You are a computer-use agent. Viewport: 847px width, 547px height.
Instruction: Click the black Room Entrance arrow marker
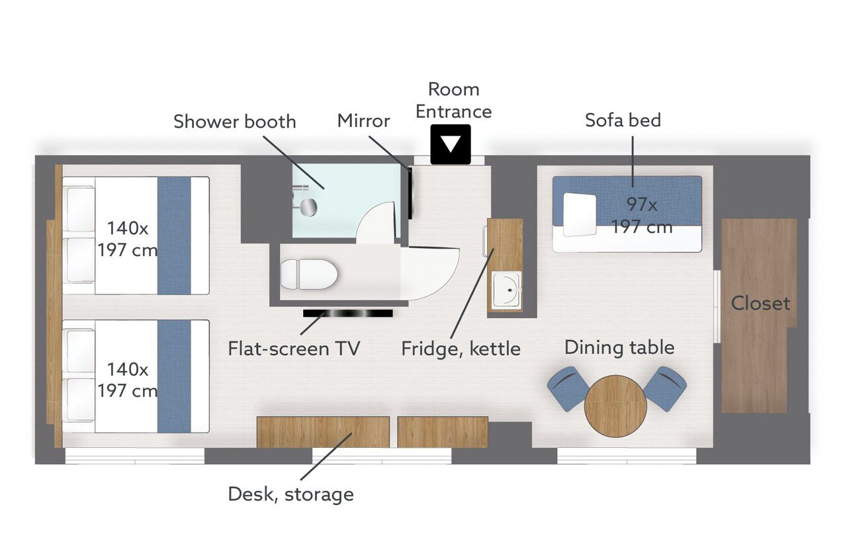pos(451,144)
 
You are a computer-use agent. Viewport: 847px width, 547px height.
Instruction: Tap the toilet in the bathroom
pos(309,274)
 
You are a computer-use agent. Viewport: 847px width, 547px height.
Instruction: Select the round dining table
pos(615,406)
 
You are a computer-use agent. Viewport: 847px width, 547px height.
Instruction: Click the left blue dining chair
pos(568,389)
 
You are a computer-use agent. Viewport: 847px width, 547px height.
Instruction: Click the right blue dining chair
pos(665,389)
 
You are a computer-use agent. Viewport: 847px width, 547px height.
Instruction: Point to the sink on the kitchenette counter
pos(507,289)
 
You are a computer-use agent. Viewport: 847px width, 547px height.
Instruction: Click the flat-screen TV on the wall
pos(348,313)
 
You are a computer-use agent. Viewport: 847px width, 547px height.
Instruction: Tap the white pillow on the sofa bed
pos(579,215)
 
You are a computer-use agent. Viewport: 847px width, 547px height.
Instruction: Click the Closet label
pos(760,303)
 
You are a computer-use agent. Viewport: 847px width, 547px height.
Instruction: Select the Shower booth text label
pos(234,121)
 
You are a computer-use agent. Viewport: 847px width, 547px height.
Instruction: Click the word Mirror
pos(363,121)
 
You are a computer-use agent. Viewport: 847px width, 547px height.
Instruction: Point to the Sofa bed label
pos(623,120)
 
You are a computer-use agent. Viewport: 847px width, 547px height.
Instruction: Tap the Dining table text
pos(619,348)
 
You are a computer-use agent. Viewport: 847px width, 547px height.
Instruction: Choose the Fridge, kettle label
pos(461,349)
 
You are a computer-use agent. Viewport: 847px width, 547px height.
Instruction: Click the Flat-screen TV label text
pos(294,349)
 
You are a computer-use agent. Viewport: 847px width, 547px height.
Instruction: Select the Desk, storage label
pos(290,494)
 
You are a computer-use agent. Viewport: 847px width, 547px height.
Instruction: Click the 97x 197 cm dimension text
pos(642,216)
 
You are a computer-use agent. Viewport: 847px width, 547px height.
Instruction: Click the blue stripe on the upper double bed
pos(174,235)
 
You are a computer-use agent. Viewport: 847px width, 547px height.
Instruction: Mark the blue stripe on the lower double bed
pos(174,376)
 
